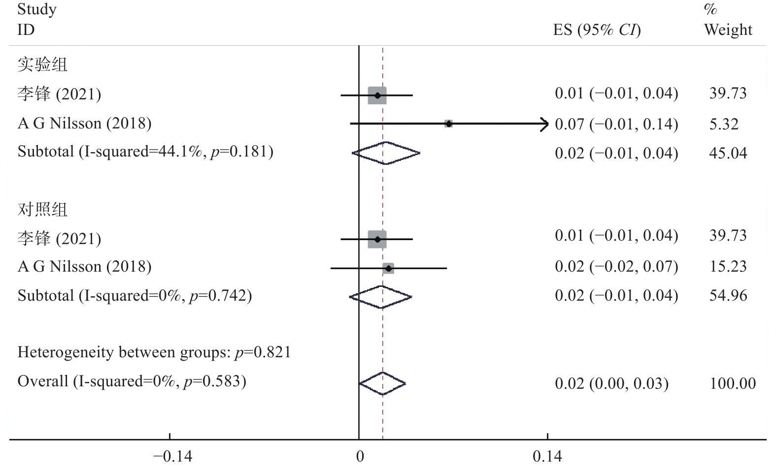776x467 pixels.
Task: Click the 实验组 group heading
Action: [42, 64]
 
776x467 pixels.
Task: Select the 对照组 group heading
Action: [42, 210]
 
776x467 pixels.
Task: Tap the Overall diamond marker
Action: [382, 383]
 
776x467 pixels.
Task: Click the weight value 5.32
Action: [724, 124]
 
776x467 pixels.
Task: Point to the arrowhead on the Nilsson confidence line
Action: [545, 124]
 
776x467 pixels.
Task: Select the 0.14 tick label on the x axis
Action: [547, 457]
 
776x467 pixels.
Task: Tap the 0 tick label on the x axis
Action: [360, 457]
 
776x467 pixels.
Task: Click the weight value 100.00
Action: [732, 383]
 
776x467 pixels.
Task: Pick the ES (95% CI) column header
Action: [597, 30]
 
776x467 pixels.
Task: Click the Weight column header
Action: [728, 30]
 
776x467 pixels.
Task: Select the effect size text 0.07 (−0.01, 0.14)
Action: [616, 124]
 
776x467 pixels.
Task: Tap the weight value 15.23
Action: [728, 266]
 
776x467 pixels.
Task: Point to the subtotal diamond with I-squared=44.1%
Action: [386, 153]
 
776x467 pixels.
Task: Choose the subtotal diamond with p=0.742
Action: [380, 297]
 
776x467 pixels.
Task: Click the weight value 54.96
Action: [728, 295]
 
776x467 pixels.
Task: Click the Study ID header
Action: [36, 20]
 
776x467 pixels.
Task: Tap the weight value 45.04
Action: [728, 153]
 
